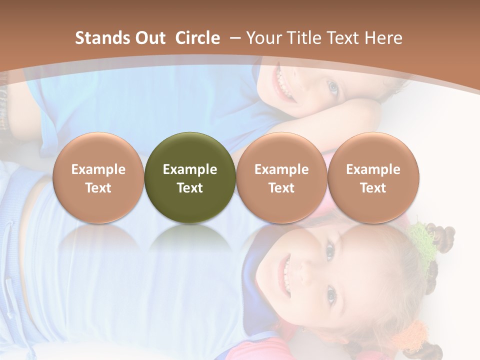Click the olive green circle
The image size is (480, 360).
pyautogui.click(x=190, y=177)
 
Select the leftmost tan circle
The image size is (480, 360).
pyautogui.click(x=98, y=177)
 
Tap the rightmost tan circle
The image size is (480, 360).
pyautogui.click(x=373, y=177)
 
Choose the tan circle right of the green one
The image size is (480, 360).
pyautogui.click(x=281, y=177)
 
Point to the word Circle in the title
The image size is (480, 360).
pyautogui.click(x=197, y=38)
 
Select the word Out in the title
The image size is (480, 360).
pyautogui.click(x=150, y=38)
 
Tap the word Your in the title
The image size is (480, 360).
pyautogui.click(x=265, y=38)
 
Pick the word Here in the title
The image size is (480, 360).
pyautogui.click(x=383, y=38)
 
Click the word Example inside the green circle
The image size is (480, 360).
pyautogui.click(x=190, y=169)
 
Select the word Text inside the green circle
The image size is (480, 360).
pyautogui.click(x=190, y=188)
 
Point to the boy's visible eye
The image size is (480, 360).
pyautogui.click(x=333, y=87)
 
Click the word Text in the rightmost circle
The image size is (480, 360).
pyautogui.click(x=373, y=188)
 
